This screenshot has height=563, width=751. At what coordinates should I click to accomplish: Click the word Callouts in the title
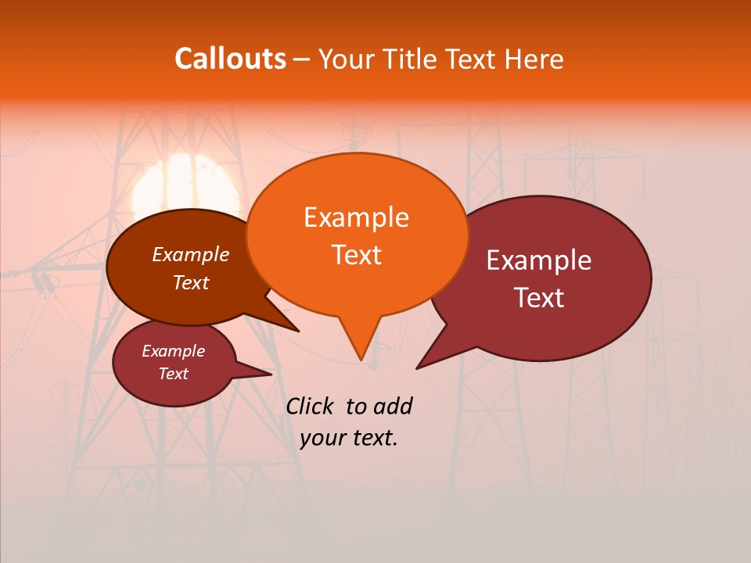click(x=230, y=59)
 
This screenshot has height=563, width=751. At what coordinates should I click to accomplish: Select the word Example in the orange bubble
click(x=356, y=217)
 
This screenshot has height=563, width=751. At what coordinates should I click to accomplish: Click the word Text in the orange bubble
click(x=356, y=255)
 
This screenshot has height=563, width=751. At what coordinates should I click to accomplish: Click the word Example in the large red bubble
click(x=539, y=260)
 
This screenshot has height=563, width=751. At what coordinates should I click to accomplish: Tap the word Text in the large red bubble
click(x=539, y=298)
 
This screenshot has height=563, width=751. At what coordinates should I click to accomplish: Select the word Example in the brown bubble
click(x=191, y=254)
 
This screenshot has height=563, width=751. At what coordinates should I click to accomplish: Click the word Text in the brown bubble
click(x=191, y=282)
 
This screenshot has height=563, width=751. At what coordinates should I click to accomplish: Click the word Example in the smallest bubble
click(x=173, y=351)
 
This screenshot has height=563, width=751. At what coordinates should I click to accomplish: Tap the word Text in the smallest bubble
click(x=173, y=374)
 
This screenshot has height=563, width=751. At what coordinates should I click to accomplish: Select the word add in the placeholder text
click(x=393, y=406)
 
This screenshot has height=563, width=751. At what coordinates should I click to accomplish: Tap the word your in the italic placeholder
click(x=322, y=438)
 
